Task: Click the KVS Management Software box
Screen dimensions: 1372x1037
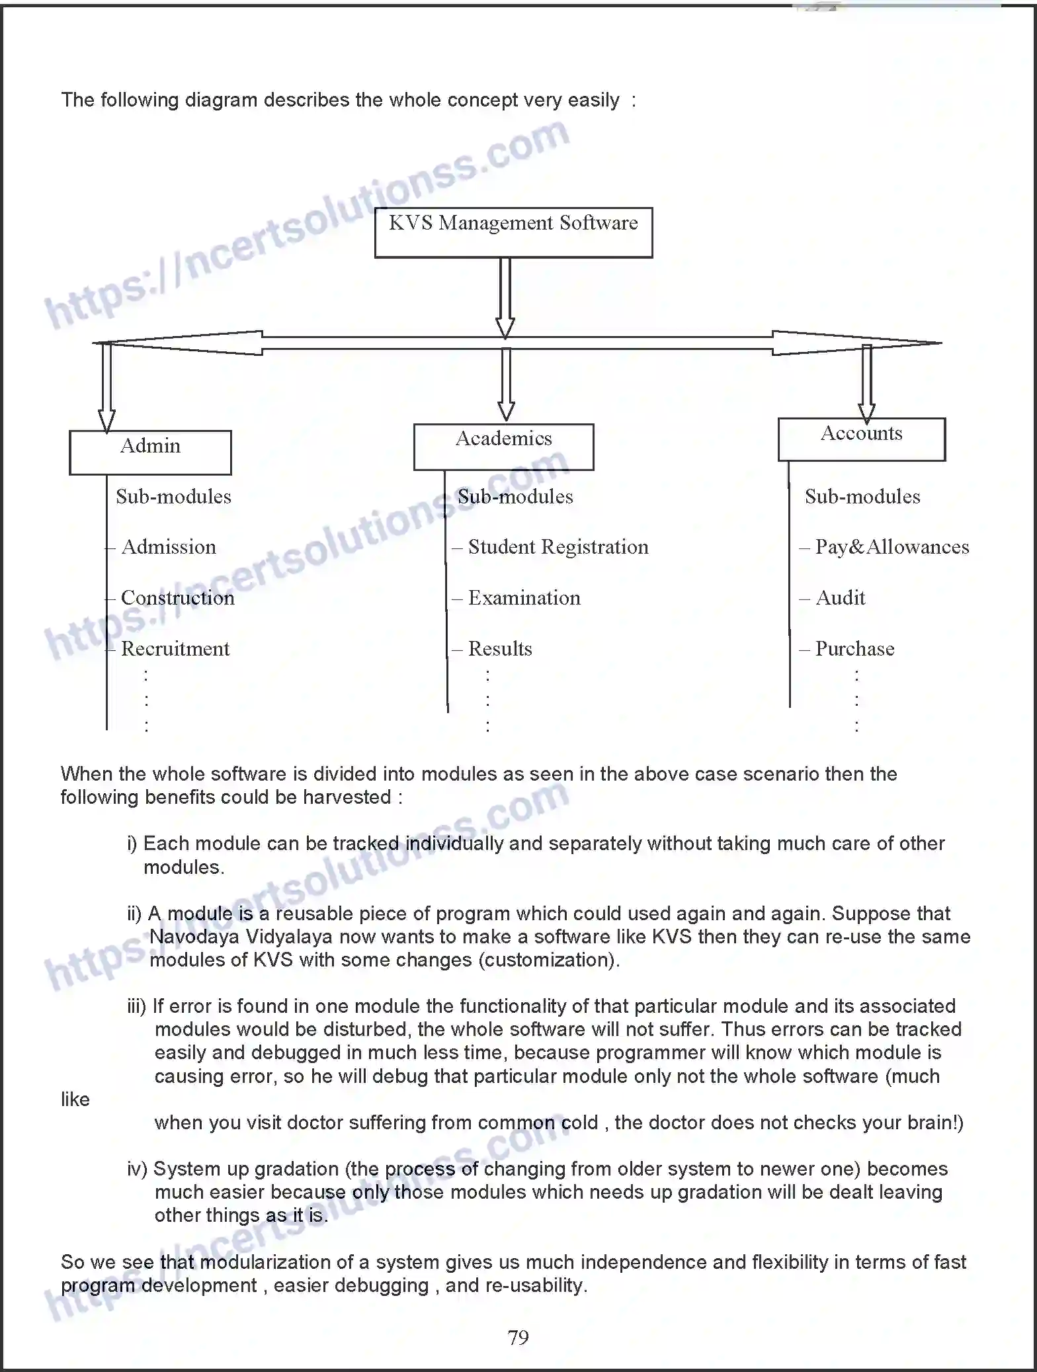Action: pos(513,232)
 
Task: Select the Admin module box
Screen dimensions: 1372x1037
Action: pos(150,452)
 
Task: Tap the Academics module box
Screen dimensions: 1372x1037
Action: pos(503,447)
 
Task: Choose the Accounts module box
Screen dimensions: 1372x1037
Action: pos(861,439)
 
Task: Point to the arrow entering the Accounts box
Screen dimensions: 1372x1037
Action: pos(866,384)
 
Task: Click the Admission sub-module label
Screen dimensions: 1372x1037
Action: pos(169,547)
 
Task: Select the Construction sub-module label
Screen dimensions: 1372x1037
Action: pos(177,598)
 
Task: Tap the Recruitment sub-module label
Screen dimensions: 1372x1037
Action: pos(175,649)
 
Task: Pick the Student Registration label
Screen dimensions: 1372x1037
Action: pos(558,547)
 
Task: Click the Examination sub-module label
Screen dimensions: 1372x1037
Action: pos(524,598)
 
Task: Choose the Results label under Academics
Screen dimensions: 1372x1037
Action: pos(500,649)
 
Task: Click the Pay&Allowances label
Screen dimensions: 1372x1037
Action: pos(892,547)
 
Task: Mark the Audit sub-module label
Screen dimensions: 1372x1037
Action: pos(840,598)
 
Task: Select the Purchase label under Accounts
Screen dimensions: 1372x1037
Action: pos(854,649)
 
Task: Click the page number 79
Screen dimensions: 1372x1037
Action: pos(518,1338)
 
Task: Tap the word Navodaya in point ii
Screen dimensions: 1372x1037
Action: pos(194,937)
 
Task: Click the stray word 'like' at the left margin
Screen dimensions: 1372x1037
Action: pos(75,1099)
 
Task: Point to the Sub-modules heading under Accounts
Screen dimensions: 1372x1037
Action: pos(862,497)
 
